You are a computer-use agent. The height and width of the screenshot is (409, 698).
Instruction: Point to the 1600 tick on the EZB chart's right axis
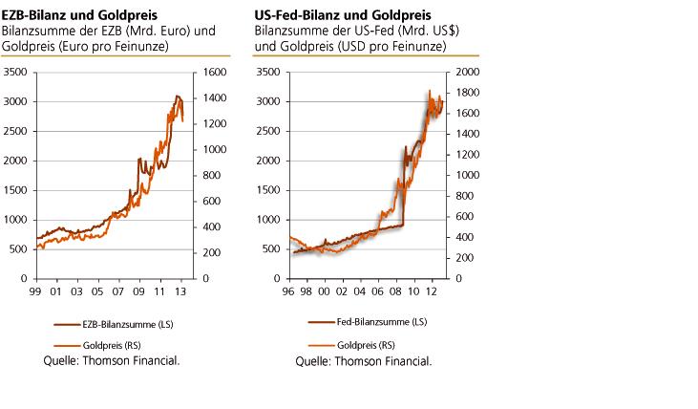point(213,73)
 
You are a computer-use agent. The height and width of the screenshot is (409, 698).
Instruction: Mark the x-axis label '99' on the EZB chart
point(36,291)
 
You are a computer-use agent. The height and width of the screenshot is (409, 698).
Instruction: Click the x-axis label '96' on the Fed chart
point(288,291)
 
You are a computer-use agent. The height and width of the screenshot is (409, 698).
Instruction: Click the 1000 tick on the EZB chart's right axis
point(213,150)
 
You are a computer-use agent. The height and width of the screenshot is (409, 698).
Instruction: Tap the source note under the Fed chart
point(362,361)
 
